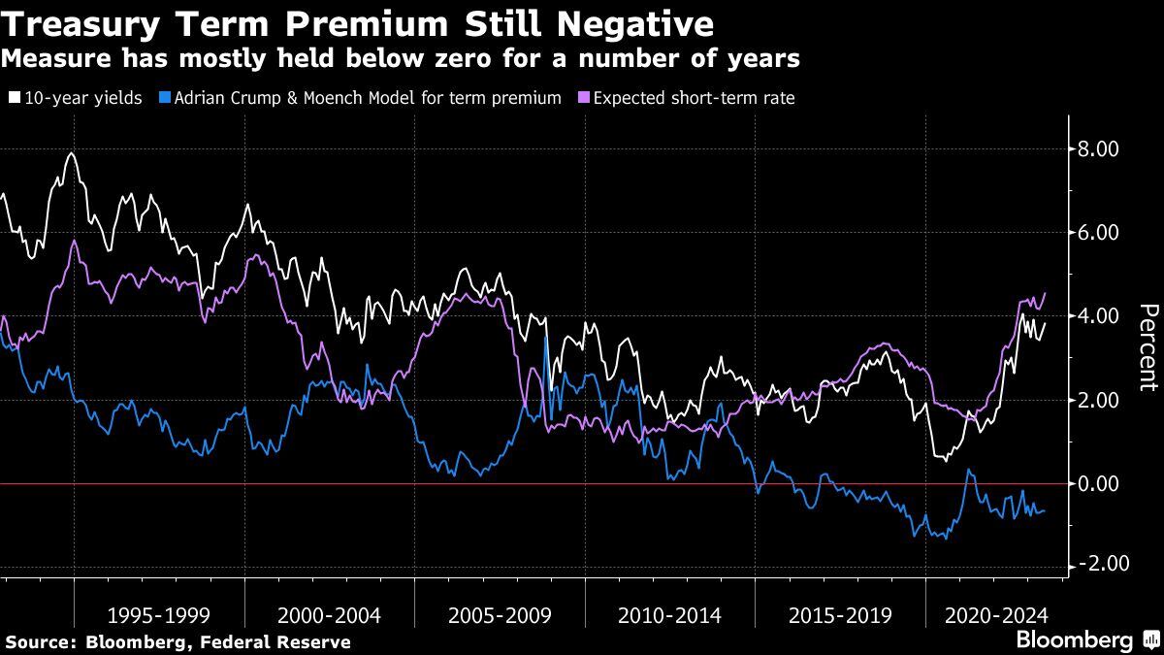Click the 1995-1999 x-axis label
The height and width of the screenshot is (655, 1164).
159,615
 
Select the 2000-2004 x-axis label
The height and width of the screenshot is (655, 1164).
329,615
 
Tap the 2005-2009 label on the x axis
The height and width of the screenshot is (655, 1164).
500,615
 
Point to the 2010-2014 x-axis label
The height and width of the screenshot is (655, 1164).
669,615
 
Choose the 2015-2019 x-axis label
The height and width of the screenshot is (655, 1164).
840,615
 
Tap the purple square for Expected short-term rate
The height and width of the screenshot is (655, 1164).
584,98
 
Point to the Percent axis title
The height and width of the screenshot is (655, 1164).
1148,344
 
